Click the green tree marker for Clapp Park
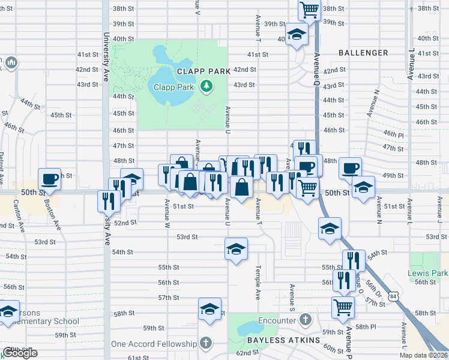pyautogui.click(x=207, y=87)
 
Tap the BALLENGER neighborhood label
pyautogui.click(x=363, y=53)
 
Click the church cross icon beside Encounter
pyautogui.click(x=305, y=320)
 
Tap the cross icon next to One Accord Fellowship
pyautogui.click(x=206, y=344)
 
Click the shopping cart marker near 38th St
pyautogui.click(x=309, y=9)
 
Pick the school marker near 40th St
pyautogui.click(x=295, y=35)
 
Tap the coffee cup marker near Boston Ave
pyautogui.click(x=49, y=178)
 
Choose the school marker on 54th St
pyautogui.click(x=236, y=248)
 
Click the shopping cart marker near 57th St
pyautogui.click(x=343, y=307)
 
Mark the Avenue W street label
pyautogui.click(x=167, y=214)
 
